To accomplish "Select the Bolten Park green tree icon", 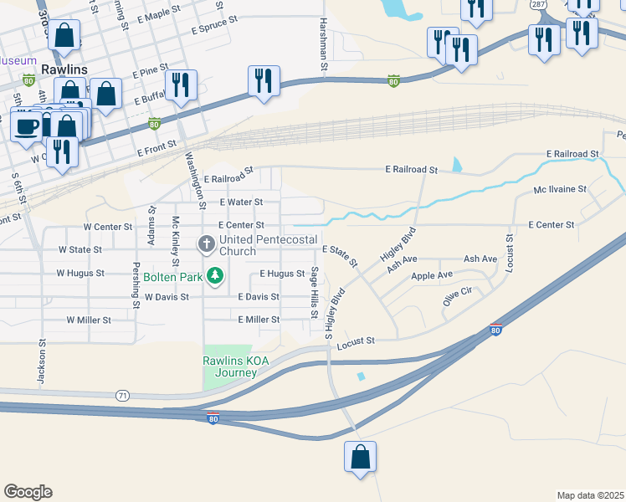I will pos(215,275).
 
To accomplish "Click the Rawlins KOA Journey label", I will pos(236,366).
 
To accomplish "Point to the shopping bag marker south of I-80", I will pos(361,457).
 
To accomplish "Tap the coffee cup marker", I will pos(26,125).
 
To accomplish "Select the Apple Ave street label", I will pos(432,274).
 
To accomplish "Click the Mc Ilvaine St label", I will pos(560,190).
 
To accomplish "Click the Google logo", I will pos(28,492).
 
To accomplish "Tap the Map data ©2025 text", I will pos(589,494).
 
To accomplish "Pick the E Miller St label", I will pos(258,320).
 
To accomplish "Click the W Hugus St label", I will pos(80,273).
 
